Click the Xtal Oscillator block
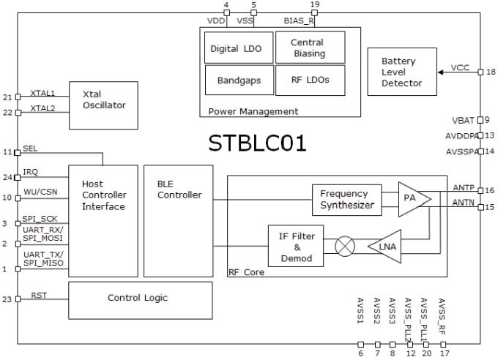103,105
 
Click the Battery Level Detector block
401,72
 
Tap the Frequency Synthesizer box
347,200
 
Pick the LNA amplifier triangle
386,246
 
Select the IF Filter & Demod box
296,247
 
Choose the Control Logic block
137,298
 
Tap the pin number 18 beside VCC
490,72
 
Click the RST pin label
40,296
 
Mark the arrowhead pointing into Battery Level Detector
441,72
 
